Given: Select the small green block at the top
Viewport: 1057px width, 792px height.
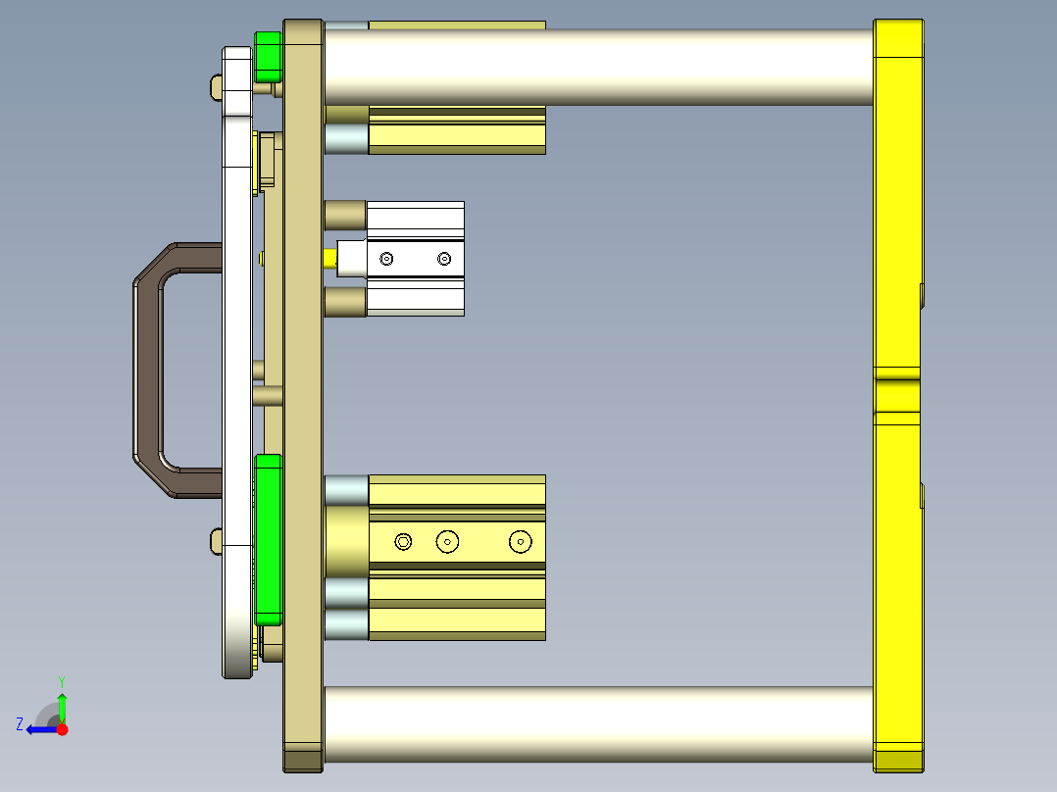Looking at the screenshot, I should point(268,57).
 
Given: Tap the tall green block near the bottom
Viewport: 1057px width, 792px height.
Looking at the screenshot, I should point(268,539).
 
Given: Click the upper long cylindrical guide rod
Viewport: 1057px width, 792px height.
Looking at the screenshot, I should point(598,67).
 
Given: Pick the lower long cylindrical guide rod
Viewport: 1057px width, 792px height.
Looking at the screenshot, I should point(598,724).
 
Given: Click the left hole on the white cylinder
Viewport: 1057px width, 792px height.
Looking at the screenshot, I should point(387,259).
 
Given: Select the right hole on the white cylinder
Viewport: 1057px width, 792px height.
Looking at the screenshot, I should point(444,259).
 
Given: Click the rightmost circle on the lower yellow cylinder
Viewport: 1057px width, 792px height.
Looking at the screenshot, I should point(519,541).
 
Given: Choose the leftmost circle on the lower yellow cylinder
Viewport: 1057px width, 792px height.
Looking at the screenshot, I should point(403,541).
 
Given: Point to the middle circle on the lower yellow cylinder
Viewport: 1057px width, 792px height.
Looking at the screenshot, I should point(448,541).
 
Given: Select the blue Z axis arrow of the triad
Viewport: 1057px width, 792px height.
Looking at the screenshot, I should point(39,728).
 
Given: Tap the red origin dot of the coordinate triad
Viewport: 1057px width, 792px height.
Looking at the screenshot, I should point(62,729).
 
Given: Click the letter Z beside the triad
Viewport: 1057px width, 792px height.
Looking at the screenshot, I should point(20,724).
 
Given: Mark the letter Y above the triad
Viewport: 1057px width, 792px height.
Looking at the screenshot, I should point(62,680).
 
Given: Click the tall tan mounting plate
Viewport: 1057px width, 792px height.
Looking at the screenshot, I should point(303,392).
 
